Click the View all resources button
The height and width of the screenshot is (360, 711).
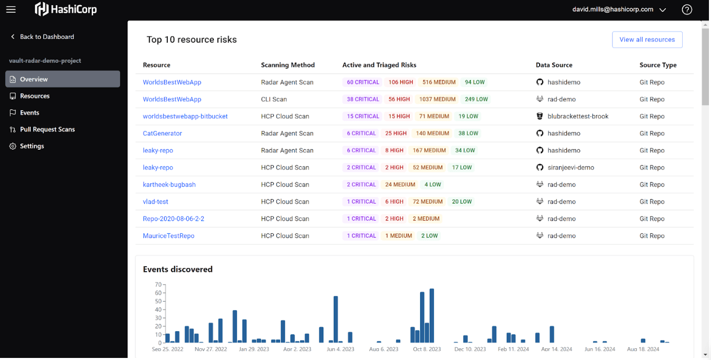coord(646,39)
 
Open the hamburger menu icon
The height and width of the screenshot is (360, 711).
coord(11,9)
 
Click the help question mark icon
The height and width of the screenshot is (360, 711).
coord(687,9)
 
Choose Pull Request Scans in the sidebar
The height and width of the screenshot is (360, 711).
coord(47,129)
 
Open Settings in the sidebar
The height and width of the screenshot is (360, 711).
coord(32,146)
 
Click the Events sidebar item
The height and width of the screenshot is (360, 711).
coord(29,113)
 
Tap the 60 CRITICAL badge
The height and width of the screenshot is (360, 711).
coord(363,82)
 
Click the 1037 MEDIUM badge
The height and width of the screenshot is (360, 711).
coord(437,99)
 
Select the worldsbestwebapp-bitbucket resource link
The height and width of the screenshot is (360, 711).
coord(185,116)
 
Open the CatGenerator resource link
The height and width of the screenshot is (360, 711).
coord(162,133)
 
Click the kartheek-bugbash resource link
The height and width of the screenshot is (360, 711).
coord(169,185)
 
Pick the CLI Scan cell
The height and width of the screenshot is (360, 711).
coord(274,99)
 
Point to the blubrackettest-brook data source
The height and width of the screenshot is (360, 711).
coord(578,116)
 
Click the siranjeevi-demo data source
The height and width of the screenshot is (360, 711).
coord(570,168)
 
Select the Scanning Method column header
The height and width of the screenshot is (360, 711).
coord(288,65)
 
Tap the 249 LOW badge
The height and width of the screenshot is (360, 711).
coord(476,99)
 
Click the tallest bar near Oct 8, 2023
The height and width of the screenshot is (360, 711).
coord(431,315)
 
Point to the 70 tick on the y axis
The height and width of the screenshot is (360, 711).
coord(158,285)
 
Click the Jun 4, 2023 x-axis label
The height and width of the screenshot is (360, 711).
coord(340,349)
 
